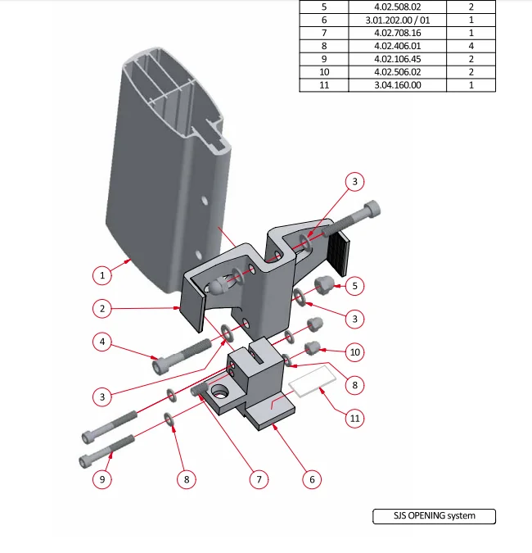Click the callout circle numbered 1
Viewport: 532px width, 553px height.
pos(102,275)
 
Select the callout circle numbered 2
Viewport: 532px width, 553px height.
pos(102,309)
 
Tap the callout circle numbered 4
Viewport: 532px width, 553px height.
pos(102,341)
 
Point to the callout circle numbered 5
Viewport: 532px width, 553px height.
pos(354,286)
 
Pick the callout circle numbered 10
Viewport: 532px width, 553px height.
pos(354,352)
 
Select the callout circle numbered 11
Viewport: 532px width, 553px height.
pos(354,419)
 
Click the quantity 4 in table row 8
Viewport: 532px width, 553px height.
pos(471,46)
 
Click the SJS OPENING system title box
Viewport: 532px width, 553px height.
pos(434,516)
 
